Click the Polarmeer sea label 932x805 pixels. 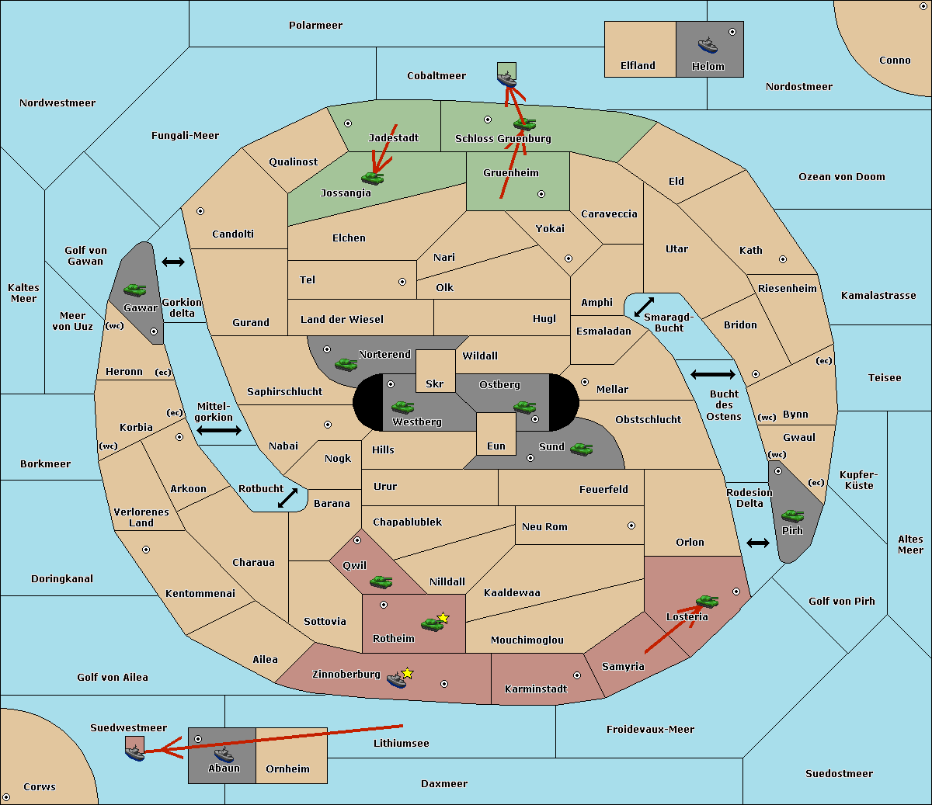click(x=315, y=26)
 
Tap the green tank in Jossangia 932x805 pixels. click(x=373, y=178)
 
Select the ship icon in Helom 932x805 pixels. click(x=707, y=45)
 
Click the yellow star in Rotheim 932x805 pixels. click(x=443, y=618)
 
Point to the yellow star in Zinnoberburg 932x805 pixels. click(x=407, y=673)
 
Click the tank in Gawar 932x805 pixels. click(x=134, y=290)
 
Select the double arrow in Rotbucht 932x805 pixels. click(x=287, y=498)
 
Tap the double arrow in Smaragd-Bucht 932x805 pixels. click(x=644, y=307)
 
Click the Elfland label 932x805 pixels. click(x=638, y=66)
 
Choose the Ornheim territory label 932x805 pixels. click(x=287, y=769)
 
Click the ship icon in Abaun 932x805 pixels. click(x=224, y=754)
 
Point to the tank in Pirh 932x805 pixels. click(x=792, y=516)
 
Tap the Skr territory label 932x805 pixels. click(x=434, y=384)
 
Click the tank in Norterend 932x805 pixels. click(x=346, y=364)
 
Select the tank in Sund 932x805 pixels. click(x=581, y=449)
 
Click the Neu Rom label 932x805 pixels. click(x=544, y=527)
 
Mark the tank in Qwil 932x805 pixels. click(x=381, y=581)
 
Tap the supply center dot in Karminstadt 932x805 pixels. click(x=577, y=675)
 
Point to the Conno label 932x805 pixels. click(x=895, y=61)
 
